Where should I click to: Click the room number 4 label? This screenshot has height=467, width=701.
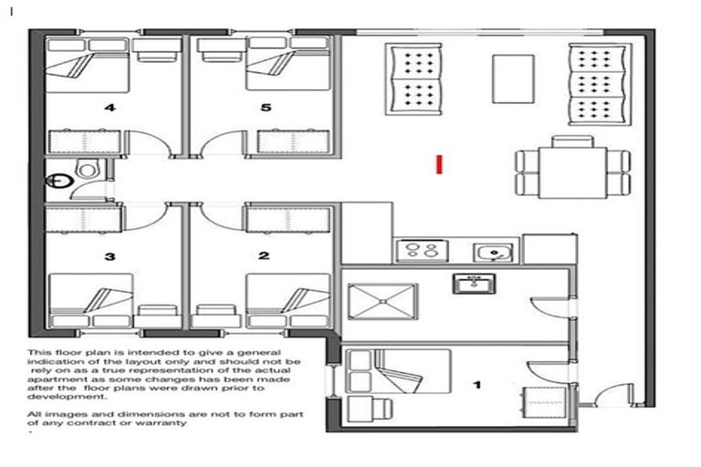[x=110, y=108]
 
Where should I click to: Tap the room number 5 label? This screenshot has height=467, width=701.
[x=266, y=108]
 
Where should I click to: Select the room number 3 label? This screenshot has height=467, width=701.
[x=110, y=256]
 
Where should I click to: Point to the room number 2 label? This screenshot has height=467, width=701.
[x=265, y=256]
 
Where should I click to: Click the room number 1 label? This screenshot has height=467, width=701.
[x=476, y=385]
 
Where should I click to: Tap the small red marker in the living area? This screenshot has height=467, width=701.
[x=440, y=163]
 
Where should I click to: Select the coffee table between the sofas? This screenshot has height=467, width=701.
[x=513, y=78]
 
